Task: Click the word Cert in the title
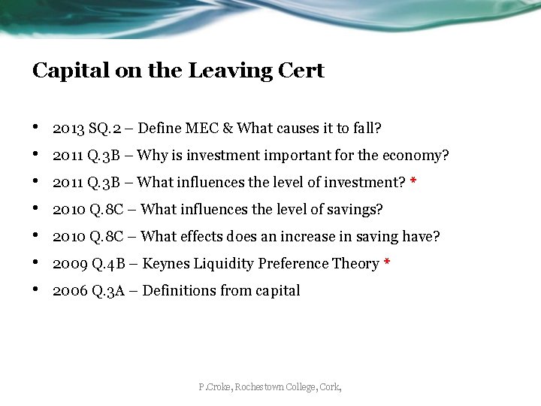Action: coord(303,71)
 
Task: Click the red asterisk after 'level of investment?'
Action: coord(413,183)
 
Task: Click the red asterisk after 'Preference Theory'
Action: coord(386,264)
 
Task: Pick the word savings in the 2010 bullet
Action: coord(358,210)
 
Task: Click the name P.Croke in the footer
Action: coord(215,387)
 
